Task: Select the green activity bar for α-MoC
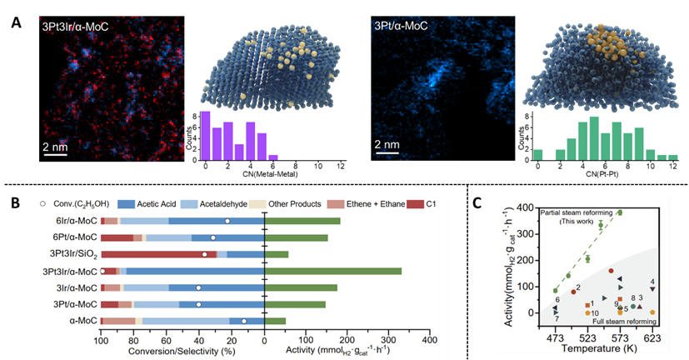[x=275, y=321]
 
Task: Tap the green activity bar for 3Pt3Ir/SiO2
[x=276, y=254]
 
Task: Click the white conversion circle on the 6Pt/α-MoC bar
[x=213, y=237]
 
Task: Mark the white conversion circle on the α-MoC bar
[x=244, y=321]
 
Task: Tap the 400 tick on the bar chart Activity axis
[x=427, y=339]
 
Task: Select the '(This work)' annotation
[x=575, y=221]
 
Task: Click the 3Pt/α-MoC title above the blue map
[x=400, y=26]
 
